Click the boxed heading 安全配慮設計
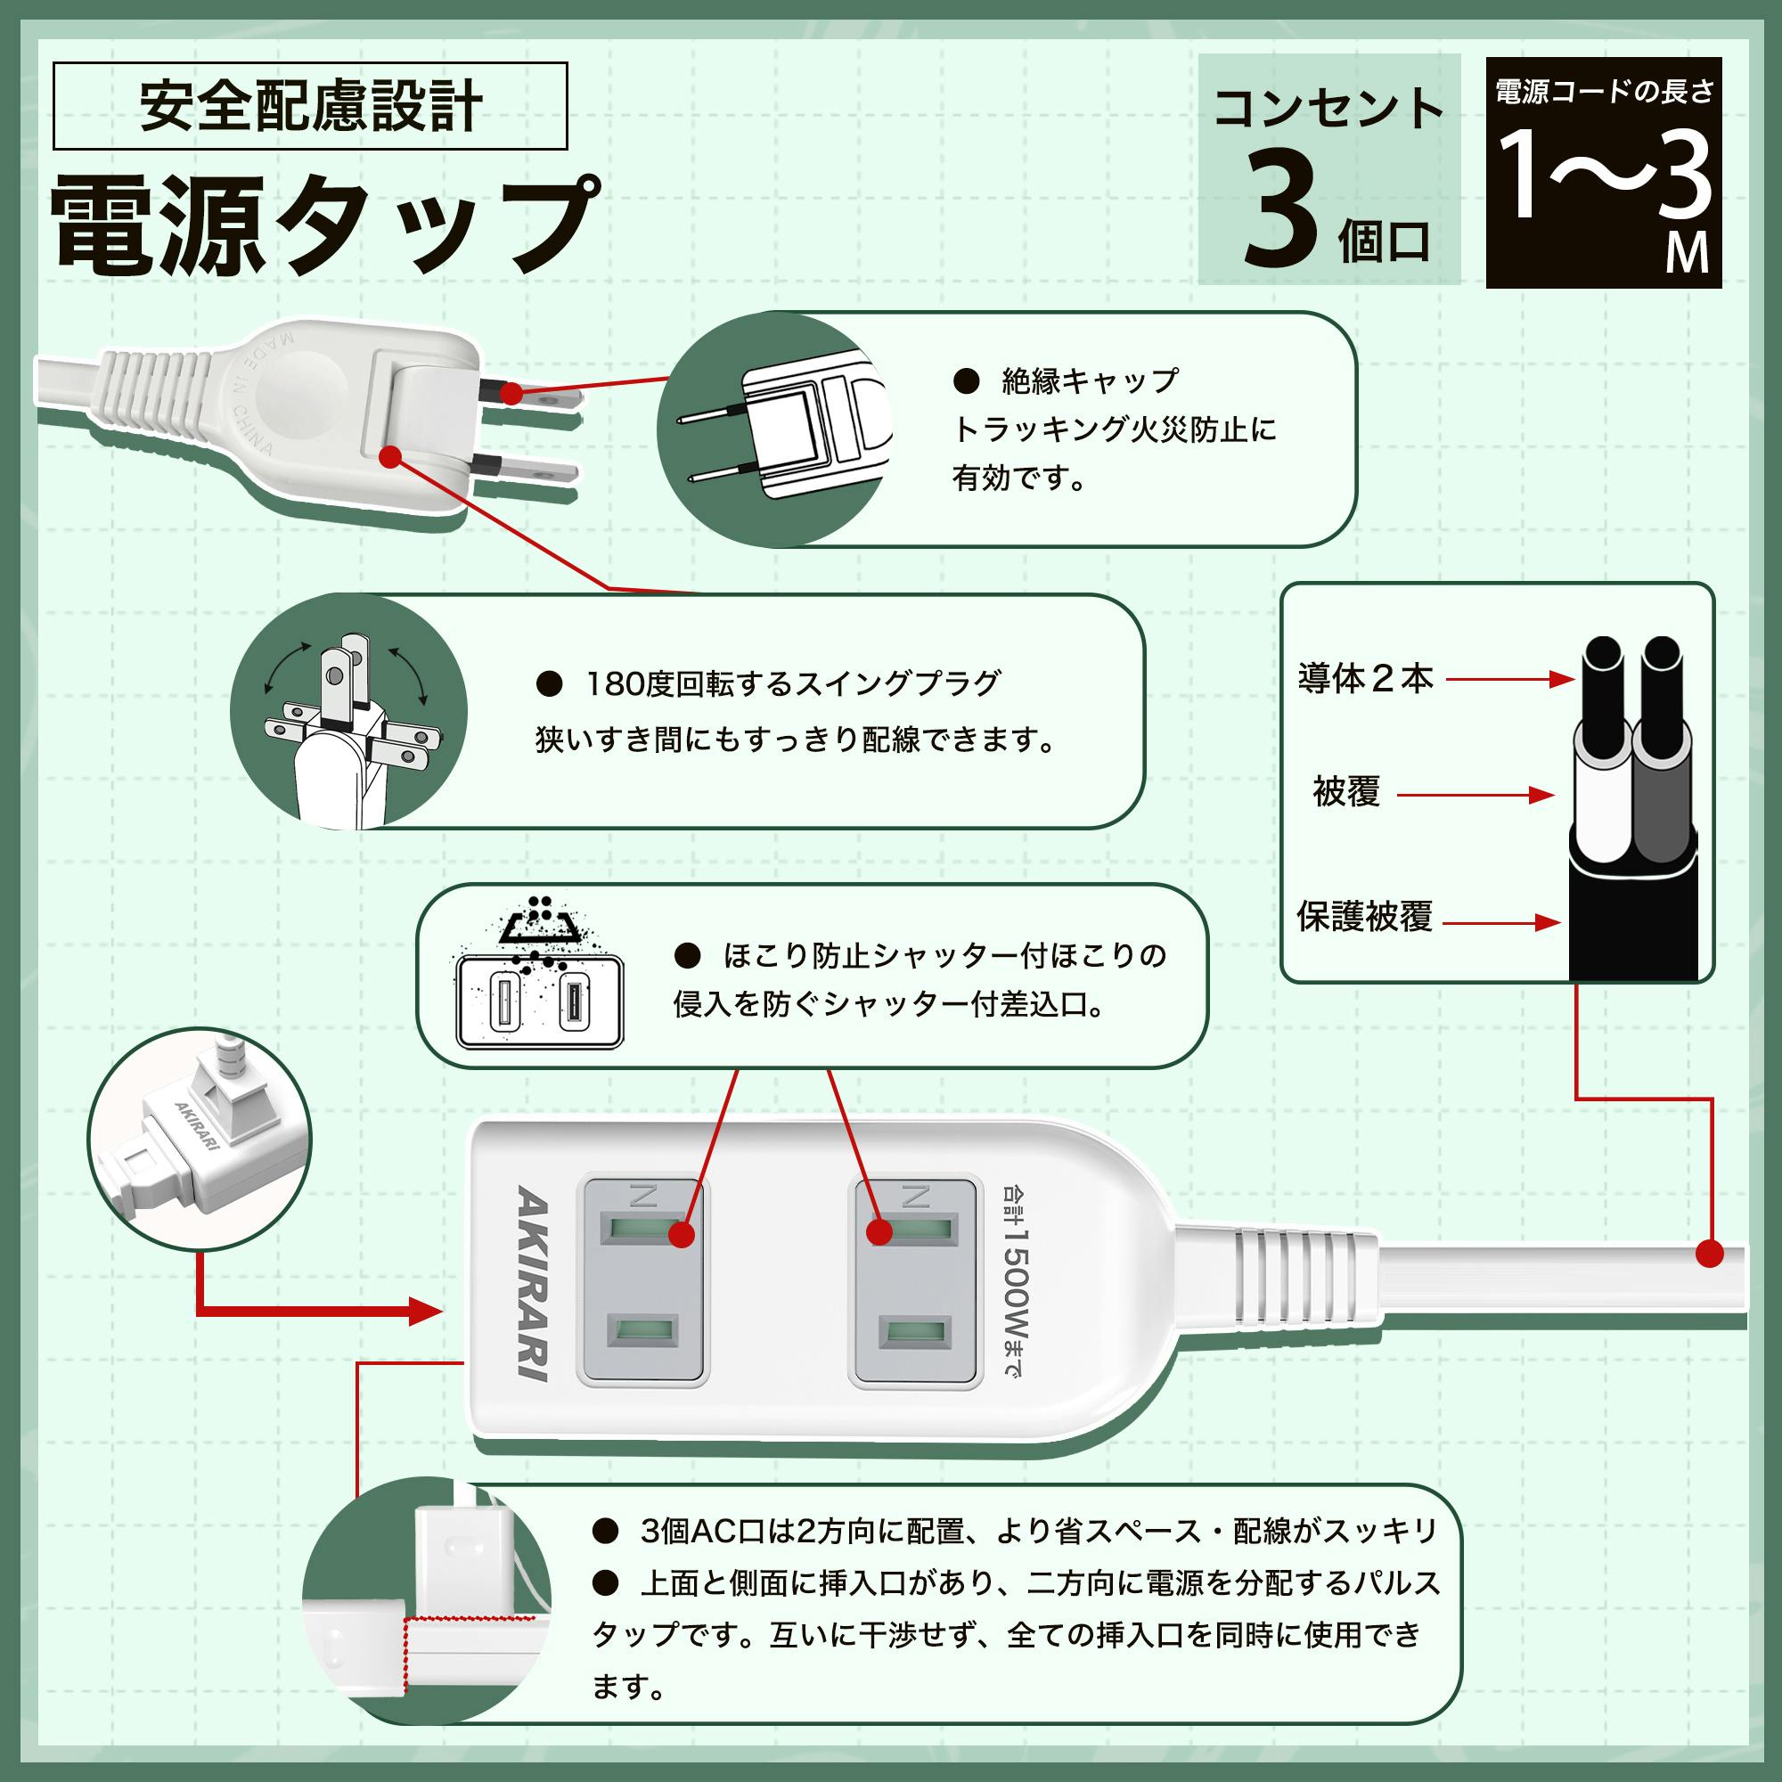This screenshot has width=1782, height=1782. point(310,106)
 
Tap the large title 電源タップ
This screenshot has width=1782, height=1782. point(323,226)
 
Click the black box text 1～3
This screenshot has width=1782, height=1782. point(1603,176)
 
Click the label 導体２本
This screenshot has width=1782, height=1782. point(1364,679)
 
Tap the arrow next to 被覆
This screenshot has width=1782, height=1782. point(1475,795)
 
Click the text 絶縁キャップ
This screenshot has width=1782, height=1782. point(1090,380)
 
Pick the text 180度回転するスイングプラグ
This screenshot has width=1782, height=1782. point(793,683)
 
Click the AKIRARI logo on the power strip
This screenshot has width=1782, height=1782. point(532,1283)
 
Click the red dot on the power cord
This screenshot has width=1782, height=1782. point(1710,1254)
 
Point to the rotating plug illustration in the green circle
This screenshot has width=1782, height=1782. point(348,711)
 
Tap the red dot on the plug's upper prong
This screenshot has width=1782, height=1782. point(510,393)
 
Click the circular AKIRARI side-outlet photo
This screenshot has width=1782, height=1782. point(200,1139)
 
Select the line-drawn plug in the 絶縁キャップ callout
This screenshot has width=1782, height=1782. point(784,429)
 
